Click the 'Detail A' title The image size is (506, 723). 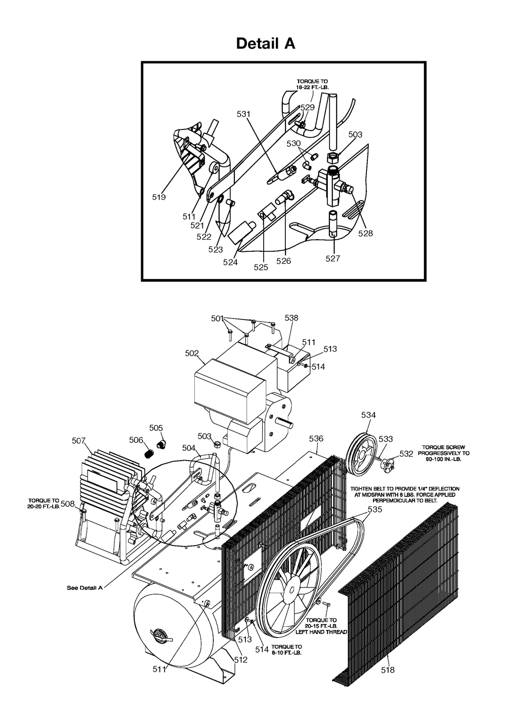(x=266, y=43)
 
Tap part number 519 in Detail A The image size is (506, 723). (x=159, y=197)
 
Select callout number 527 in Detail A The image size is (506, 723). (x=333, y=258)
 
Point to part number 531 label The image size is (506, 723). (x=243, y=114)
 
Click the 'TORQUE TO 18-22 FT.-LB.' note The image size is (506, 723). (x=312, y=84)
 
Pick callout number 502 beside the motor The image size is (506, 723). (x=192, y=353)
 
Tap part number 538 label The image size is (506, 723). (x=291, y=318)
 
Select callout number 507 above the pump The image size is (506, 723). (x=79, y=440)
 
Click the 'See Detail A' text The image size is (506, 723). (x=85, y=588)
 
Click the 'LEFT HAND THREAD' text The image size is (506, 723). (x=321, y=632)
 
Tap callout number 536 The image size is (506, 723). (x=316, y=439)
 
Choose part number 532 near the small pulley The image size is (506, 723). (x=406, y=454)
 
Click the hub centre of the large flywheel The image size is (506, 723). (x=292, y=590)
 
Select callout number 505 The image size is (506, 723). (x=156, y=428)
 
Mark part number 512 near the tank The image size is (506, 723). (x=241, y=660)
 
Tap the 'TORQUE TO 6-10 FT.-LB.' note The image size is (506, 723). (x=286, y=650)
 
